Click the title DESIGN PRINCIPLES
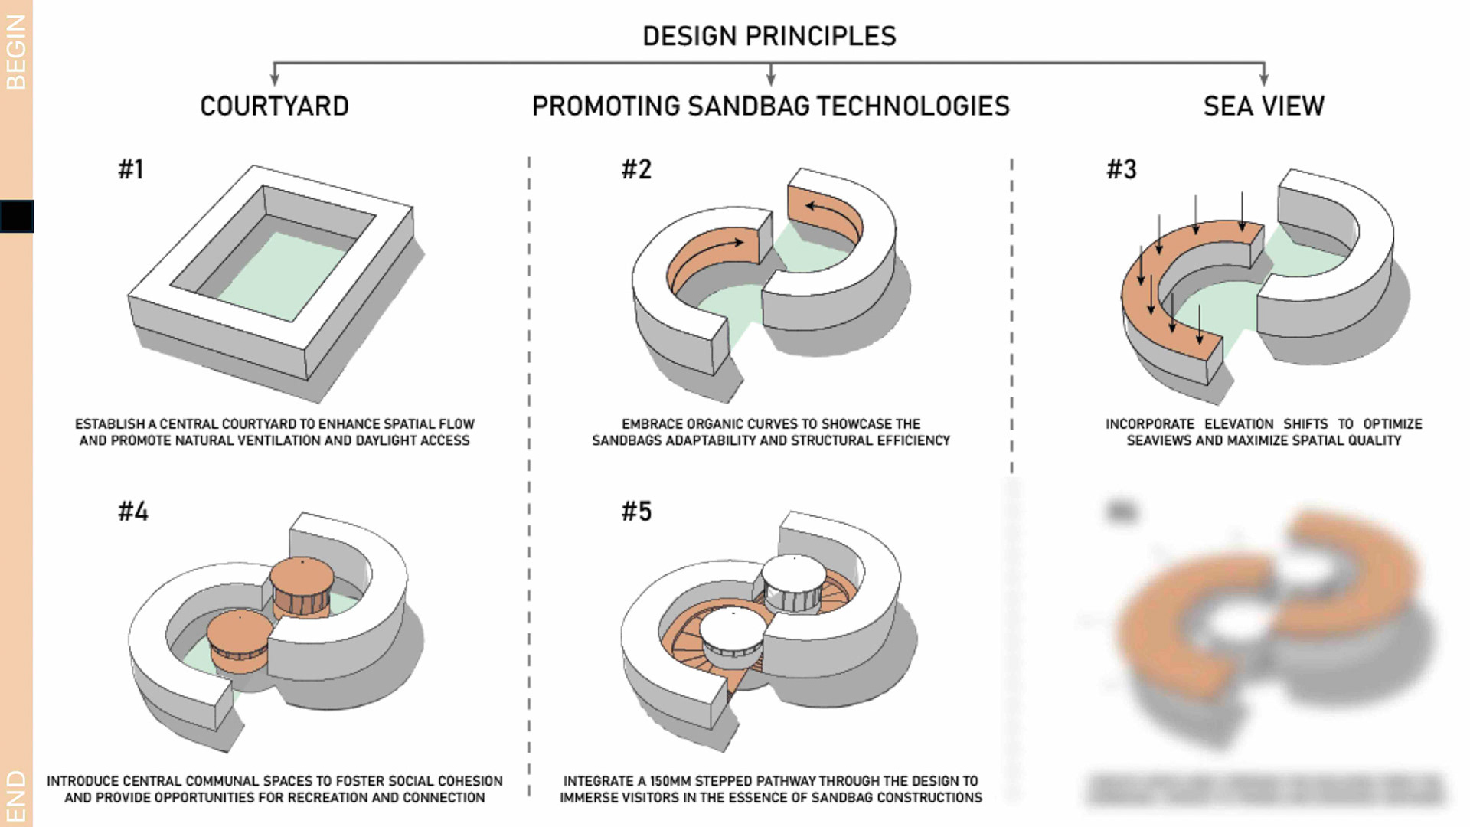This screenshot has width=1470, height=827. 769,36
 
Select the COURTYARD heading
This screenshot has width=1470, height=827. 274,106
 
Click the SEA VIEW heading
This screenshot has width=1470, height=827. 1263,106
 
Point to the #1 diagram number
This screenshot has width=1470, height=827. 131,169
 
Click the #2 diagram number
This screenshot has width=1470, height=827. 636,169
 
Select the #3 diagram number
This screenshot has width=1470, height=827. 1122,169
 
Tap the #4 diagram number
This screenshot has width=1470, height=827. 133,512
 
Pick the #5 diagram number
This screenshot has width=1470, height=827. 636,512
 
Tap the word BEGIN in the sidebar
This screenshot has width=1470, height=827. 16,52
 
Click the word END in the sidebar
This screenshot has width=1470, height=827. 16,796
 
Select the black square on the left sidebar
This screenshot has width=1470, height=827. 17,216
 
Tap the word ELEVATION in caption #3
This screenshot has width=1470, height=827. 1238,424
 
